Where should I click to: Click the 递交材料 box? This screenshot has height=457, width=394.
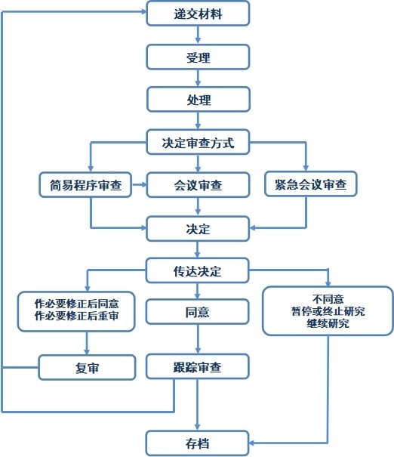point(198,14)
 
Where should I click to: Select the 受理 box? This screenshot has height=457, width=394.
point(198,57)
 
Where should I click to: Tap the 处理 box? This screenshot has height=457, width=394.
point(199,99)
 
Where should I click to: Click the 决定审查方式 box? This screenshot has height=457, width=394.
point(198,142)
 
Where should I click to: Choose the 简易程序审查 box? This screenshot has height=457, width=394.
point(85,185)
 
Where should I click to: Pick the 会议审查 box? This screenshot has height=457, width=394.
point(198,185)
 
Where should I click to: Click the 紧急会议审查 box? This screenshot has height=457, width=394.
point(311,184)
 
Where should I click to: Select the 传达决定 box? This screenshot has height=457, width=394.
point(197,270)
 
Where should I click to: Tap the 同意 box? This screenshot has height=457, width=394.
point(197,312)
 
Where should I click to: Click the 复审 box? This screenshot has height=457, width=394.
point(87,367)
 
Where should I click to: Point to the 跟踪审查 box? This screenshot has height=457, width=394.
point(197,366)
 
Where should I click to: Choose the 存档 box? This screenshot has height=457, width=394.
point(197,443)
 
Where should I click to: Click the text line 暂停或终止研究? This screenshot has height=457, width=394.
point(328,311)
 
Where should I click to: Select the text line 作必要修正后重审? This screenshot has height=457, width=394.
point(76,316)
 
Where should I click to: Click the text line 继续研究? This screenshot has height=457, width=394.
point(328,323)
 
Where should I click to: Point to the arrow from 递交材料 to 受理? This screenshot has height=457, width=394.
point(198,35)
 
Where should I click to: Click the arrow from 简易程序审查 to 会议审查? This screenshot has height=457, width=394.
point(139,185)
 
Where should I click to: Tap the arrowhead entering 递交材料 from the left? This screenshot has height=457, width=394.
point(143,11)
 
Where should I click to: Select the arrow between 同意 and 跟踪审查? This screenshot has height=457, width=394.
point(198,339)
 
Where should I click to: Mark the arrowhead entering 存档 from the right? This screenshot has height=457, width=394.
point(252,443)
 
